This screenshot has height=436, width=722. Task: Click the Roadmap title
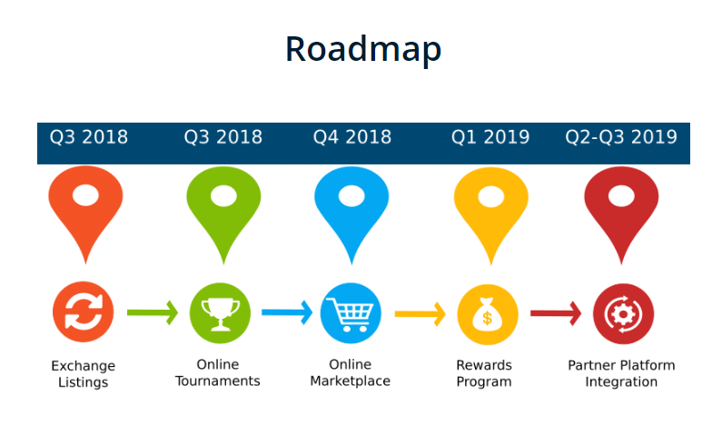pyautogui.click(x=363, y=50)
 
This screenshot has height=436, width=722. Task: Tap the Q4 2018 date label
pyautogui.click(x=352, y=137)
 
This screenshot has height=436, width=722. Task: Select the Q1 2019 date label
pyautogui.click(x=490, y=137)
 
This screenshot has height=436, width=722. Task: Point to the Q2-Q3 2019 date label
pyautogui.click(x=621, y=137)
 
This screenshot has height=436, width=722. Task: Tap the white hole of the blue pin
pyautogui.click(x=351, y=196)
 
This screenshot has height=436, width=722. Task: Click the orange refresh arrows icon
pyautogui.click(x=84, y=312)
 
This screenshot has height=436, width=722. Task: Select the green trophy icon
pyautogui.click(x=220, y=313)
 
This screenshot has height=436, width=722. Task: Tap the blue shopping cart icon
pyautogui.click(x=351, y=313)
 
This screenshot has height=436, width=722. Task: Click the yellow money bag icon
pyautogui.click(x=488, y=314)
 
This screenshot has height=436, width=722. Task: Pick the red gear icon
pyautogui.click(x=623, y=314)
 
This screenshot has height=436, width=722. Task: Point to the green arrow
pyautogui.click(x=153, y=313)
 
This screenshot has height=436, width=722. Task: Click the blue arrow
pyautogui.click(x=287, y=312)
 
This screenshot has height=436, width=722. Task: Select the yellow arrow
pyautogui.click(x=420, y=314)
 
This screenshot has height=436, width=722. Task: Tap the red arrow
pyautogui.click(x=556, y=313)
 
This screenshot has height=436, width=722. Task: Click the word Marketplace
pyautogui.click(x=351, y=381)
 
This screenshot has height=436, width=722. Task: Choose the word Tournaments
pyautogui.click(x=218, y=381)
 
